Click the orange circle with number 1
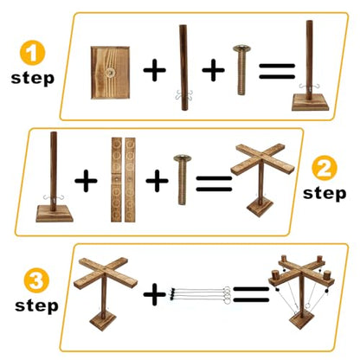(32, 53)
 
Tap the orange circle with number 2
(325, 168)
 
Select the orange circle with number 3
(36, 280)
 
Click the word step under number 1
(33, 79)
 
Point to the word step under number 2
(325, 194)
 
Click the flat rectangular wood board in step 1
(110, 73)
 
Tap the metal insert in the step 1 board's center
(109, 73)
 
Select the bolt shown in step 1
(241, 70)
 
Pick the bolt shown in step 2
(182, 180)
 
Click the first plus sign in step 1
(155, 70)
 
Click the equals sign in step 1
(277, 71)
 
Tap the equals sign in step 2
(214, 183)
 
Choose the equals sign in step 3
(251, 294)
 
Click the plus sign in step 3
(155, 294)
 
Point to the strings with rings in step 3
(200, 294)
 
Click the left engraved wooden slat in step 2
(116, 180)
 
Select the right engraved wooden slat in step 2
(130, 180)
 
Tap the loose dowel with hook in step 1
(183, 67)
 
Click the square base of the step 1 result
(310, 102)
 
